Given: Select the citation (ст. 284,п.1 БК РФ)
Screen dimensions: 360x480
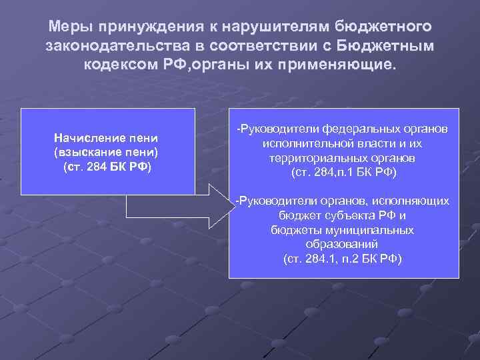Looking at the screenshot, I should [x=344, y=173].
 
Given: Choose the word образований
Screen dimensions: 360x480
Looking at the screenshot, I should [x=343, y=244].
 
